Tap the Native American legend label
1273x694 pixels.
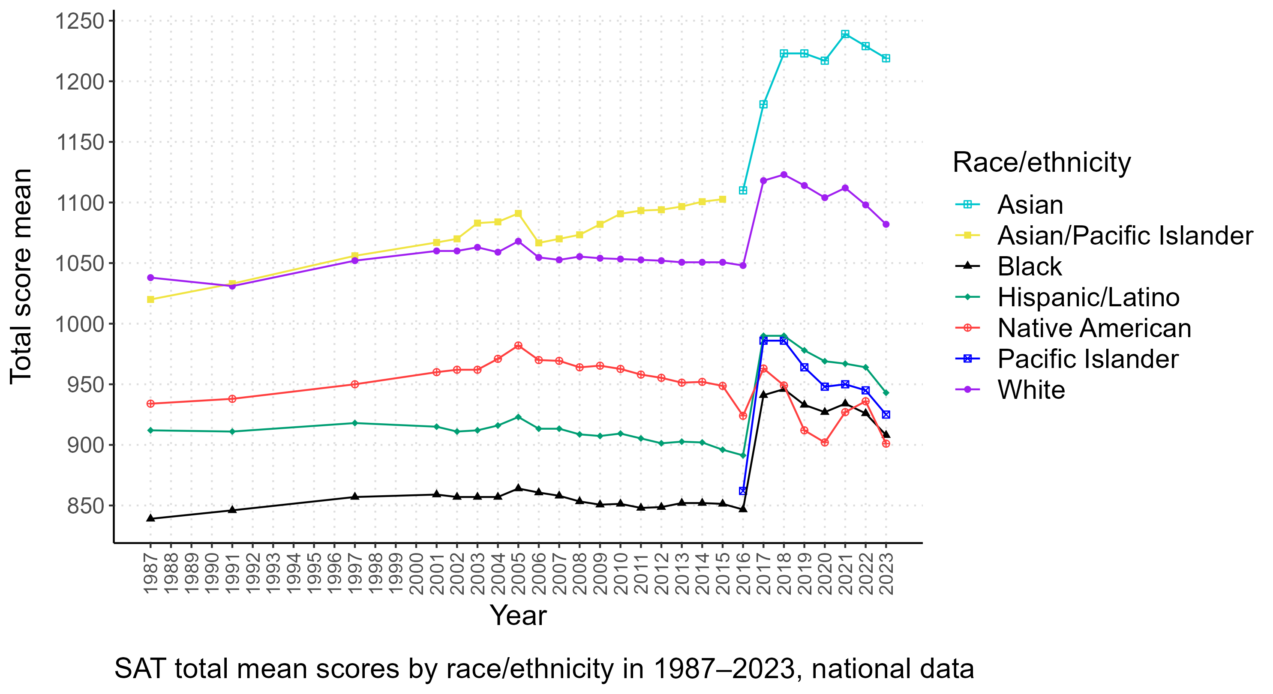1094,328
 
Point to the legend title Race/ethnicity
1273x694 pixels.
1041,162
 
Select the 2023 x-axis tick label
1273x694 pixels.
886,574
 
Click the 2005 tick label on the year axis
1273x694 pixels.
518,574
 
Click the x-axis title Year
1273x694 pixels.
518,615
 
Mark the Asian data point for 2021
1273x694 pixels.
845,34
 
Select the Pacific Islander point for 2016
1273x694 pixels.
743,491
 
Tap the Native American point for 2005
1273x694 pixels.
518,346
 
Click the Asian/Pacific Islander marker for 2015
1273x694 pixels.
723,199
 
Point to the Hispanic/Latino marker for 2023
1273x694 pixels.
886,393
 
